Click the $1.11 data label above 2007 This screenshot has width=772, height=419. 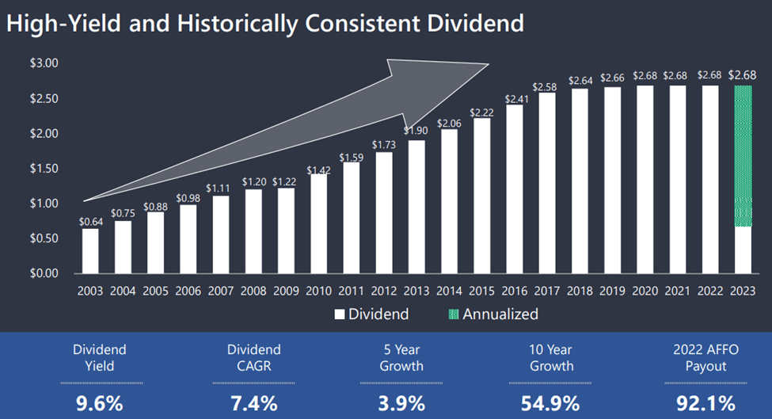[x=221, y=188]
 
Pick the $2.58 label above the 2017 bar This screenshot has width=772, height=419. [x=546, y=86]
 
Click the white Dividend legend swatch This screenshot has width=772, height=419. [x=340, y=314]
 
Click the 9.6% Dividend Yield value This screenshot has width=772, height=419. [x=100, y=403]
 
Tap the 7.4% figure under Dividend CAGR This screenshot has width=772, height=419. [x=253, y=403]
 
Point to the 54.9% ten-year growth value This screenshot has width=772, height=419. [x=551, y=403]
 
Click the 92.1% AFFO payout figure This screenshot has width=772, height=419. [x=705, y=403]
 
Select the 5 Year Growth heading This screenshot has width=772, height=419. [x=401, y=357]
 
